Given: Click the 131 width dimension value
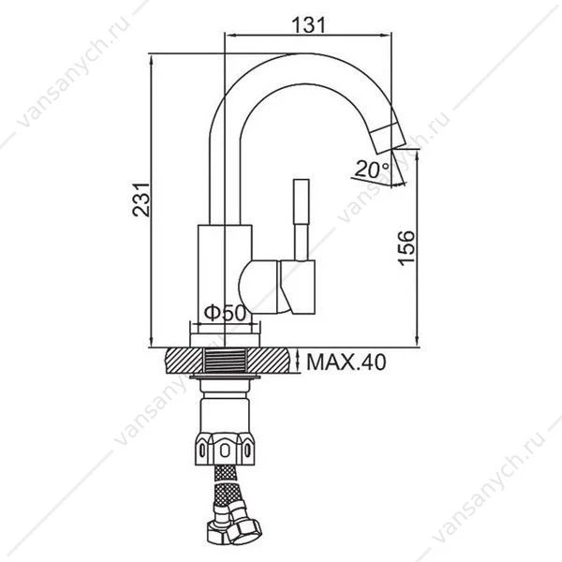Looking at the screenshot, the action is (308, 25).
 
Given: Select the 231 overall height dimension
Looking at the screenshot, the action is (140, 200).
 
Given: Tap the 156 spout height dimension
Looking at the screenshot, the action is (407, 248).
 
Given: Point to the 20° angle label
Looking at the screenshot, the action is (373, 170).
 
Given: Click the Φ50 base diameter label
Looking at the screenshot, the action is (226, 313).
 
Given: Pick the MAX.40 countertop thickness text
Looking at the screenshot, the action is (347, 362).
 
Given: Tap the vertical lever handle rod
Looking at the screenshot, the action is (301, 220).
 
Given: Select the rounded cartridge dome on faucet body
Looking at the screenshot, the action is (259, 288).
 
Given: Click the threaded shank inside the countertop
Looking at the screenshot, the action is (225, 361).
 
